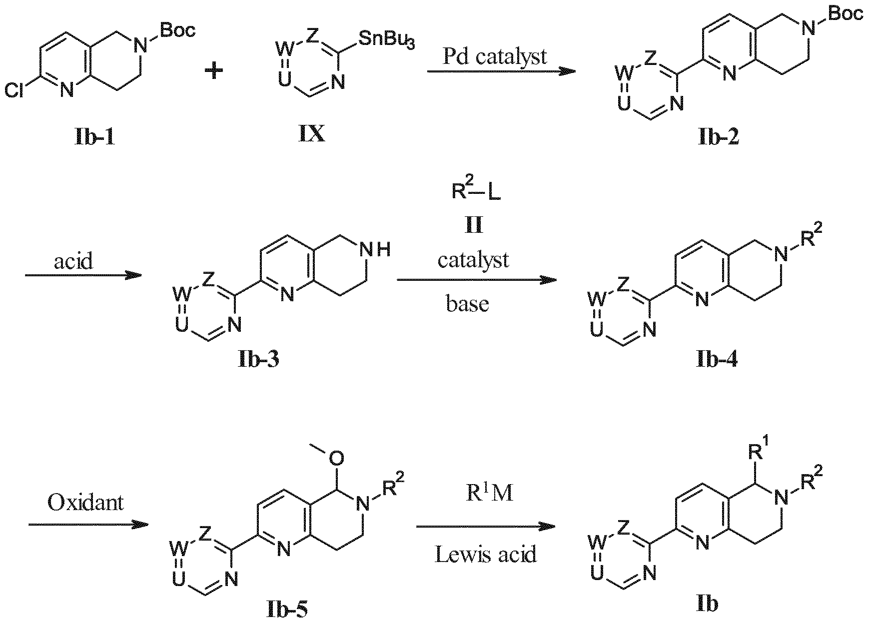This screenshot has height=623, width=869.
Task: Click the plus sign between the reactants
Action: (x=214, y=71)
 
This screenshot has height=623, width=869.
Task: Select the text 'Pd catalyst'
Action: (x=495, y=56)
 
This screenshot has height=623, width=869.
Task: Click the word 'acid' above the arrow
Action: (x=73, y=261)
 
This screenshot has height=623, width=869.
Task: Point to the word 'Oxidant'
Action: (x=85, y=502)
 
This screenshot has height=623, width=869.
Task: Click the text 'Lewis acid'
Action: (x=486, y=554)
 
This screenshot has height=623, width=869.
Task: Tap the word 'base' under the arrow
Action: (x=467, y=304)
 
